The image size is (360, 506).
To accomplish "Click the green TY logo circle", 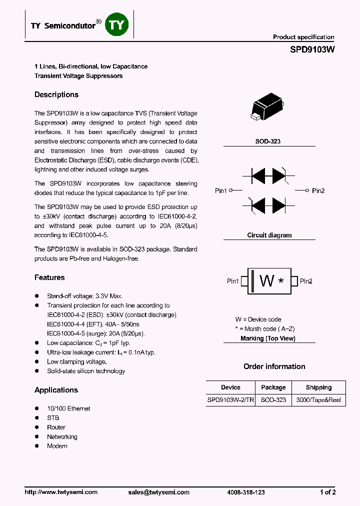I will tap(116, 25).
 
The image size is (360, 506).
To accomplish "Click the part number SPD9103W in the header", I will tap(312, 50).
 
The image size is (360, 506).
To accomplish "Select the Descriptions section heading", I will tap(56, 94).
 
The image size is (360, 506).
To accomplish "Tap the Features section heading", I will tap(49, 277).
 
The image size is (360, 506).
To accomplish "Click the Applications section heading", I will tap(56, 390).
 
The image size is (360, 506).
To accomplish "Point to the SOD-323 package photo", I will tap(269, 107).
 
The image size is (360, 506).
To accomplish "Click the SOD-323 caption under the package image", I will tap(268, 141).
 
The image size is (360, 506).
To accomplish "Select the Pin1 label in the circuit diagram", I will tap(221, 191).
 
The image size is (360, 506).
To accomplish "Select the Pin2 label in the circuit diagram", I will tap(318, 191).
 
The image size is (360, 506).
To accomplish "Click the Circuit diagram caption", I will tap(269, 235).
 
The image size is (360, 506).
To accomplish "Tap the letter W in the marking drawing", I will tap(267, 281).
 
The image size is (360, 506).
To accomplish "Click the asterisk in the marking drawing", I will tap(281, 281).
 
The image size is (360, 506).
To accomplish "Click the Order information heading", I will tap(274, 366).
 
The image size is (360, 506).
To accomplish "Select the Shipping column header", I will tap(318, 387).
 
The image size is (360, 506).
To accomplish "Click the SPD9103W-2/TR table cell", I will tap(230, 400).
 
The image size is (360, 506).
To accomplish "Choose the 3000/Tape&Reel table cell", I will tap(318, 400).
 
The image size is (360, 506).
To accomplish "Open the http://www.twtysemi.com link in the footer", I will tap(61, 492).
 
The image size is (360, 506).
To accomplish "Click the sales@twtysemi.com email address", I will tap(159, 492).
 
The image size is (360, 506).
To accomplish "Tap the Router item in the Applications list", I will tap(56, 427).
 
